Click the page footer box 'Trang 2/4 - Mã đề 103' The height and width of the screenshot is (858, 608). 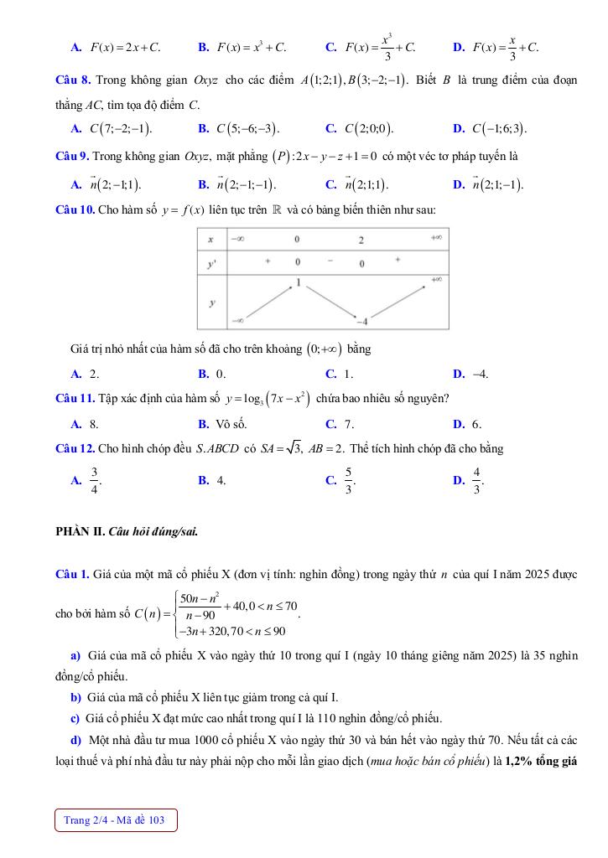pos(116,819)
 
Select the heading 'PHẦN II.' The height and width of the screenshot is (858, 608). pos(81,530)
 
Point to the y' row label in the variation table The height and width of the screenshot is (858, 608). pos(211,262)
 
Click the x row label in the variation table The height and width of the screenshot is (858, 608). pos(211,240)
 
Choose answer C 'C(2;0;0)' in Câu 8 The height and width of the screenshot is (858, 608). pos(369,129)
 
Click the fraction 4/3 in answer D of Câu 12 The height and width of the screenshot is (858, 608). pos(477,480)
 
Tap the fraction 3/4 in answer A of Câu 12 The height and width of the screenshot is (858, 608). pos(95,480)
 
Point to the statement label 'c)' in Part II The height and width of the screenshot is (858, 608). pos(75,718)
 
